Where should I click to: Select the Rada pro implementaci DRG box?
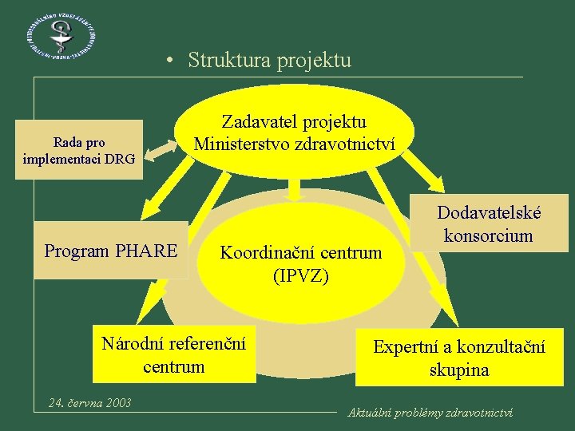pos(79,150)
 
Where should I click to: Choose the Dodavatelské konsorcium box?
pos(489,223)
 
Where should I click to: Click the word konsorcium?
pos(489,235)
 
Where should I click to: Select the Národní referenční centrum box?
pos(173,354)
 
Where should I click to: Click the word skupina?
pos(459,370)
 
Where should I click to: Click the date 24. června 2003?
pos(89,402)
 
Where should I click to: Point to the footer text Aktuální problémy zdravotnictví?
pos(430,413)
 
